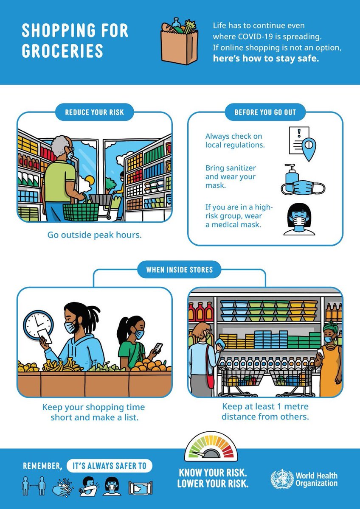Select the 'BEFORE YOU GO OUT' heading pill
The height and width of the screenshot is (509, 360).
pos(265,112)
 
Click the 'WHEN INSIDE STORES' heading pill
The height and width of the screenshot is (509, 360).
pos(179,270)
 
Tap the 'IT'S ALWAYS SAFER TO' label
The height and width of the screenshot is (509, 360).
pos(109,466)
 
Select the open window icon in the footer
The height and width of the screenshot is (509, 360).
pos(141,488)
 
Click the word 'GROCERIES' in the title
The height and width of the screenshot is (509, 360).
pos(62,51)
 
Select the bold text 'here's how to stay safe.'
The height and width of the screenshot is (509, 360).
pos(265,59)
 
